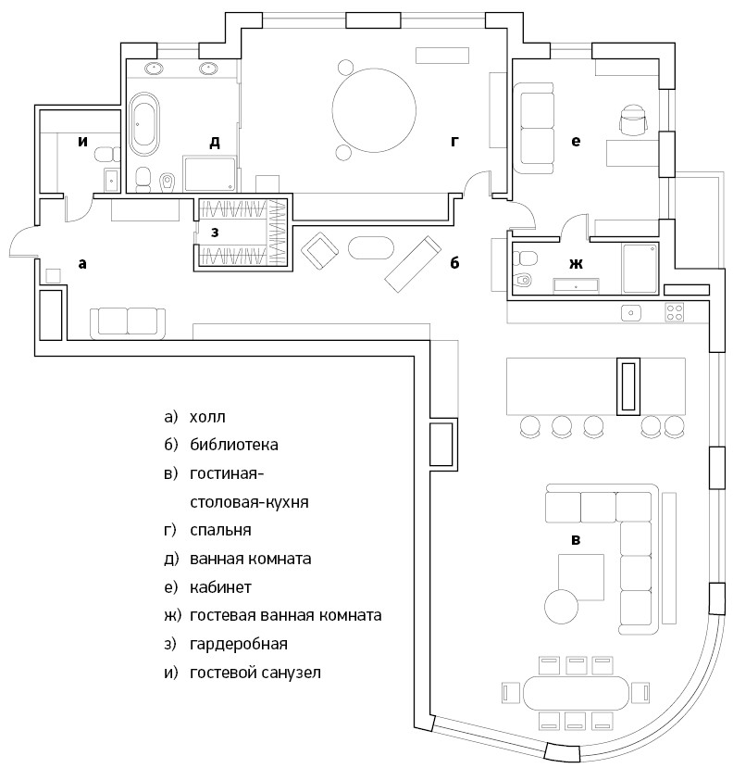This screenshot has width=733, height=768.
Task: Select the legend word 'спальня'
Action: tap(220, 531)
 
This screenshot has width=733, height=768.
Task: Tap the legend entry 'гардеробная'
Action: tap(238, 644)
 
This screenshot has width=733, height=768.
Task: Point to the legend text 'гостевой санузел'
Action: tap(255, 673)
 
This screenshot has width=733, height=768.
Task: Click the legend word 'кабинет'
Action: tap(220, 587)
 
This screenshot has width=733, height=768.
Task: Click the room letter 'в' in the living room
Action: tap(576, 540)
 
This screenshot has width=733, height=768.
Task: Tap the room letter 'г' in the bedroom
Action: tap(454, 141)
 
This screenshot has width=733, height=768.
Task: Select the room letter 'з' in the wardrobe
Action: tap(215, 233)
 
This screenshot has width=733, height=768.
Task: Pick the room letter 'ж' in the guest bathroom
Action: tap(576, 264)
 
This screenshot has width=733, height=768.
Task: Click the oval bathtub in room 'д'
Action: tap(144, 128)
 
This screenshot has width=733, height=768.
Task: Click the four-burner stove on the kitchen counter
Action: tap(675, 313)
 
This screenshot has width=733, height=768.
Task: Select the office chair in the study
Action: tap(632, 120)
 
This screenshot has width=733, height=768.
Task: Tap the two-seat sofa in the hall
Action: tap(128, 321)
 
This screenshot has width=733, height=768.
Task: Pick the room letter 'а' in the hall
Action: tap(82, 264)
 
